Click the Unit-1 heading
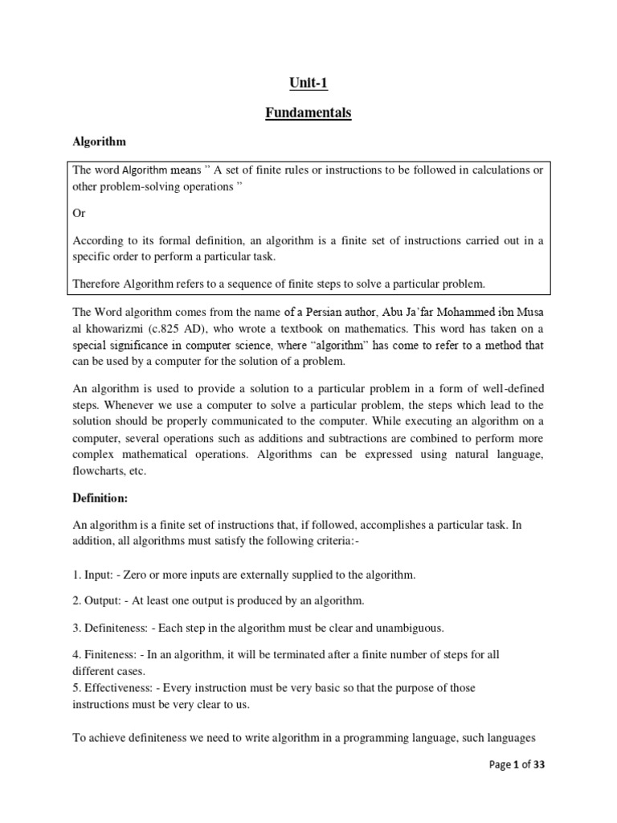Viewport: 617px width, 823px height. pyautogui.click(x=308, y=83)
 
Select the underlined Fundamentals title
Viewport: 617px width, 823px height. pyautogui.click(x=308, y=113)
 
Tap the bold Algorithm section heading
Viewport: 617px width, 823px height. pyautogui.click(x=100, y=141)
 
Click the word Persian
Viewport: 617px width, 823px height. pyautogui.click(x=321, y=310)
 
